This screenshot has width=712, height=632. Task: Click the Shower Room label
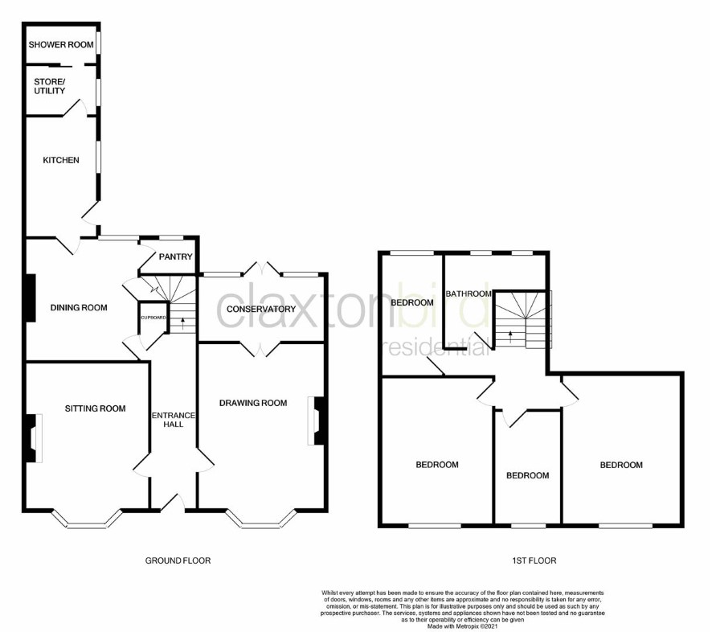61,44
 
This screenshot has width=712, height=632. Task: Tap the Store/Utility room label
50,86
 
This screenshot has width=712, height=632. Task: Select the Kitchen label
61,160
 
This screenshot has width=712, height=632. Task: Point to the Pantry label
176,256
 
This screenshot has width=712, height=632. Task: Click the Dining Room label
79,308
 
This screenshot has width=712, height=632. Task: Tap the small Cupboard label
153,318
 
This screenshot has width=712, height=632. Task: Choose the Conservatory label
261,309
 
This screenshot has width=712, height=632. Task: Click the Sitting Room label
95,408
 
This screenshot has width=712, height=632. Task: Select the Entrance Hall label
174,420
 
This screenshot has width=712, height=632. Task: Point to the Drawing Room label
253,403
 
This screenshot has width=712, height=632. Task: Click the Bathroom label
469,293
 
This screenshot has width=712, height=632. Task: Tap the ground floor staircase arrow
183,323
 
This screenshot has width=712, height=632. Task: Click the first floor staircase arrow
511,336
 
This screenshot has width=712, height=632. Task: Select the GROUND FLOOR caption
178,560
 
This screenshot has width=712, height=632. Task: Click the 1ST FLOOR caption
534,560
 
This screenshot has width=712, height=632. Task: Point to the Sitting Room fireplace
34,438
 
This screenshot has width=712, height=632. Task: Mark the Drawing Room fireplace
316,421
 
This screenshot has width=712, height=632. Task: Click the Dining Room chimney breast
31,298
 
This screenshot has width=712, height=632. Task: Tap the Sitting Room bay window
87,519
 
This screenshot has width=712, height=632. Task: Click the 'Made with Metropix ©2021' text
463,626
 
